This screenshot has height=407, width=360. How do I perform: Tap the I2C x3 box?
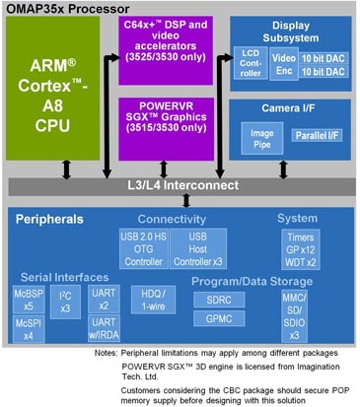[66, 304]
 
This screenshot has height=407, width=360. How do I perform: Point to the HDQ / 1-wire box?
[152, 302]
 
